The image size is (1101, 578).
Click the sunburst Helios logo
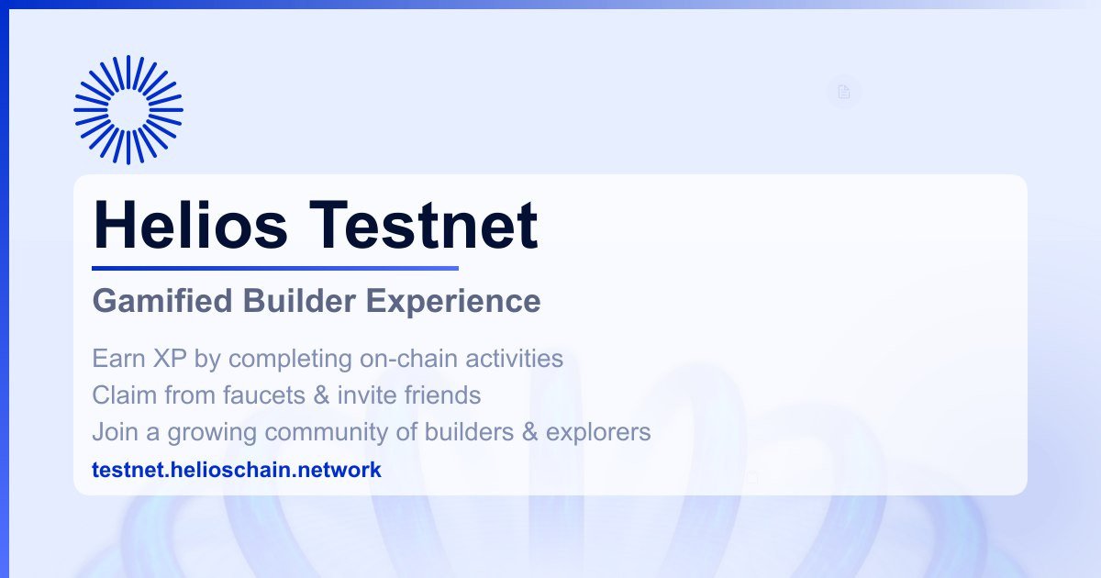128,109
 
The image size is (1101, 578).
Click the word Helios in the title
190,225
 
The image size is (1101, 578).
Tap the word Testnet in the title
424,225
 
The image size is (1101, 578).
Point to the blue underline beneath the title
275,268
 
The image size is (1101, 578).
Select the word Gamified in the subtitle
162,301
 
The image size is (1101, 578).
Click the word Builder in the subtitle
299,300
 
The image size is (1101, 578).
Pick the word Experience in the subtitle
453,301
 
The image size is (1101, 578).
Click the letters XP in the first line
170,359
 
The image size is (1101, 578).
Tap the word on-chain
408,359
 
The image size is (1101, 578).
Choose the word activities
514,359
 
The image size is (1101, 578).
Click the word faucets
264,395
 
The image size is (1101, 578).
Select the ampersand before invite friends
321,395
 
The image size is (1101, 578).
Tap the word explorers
598,432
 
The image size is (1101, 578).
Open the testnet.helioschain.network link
237,470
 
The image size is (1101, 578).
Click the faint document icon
844,92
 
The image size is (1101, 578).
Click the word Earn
118,359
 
